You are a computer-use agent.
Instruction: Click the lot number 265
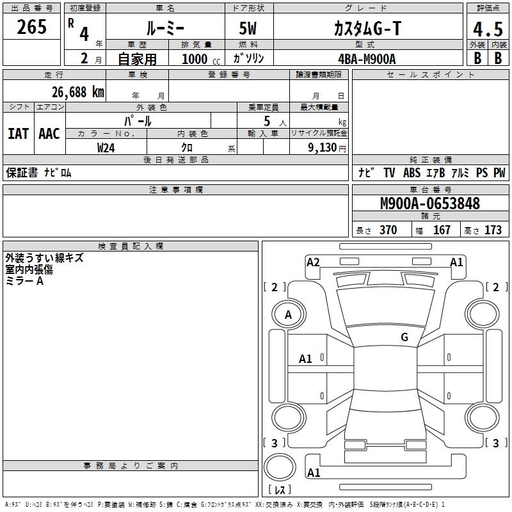[x=32, y=28]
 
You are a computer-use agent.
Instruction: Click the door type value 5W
[x=249, y=28]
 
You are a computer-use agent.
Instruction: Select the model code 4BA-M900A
[x=367, y=58]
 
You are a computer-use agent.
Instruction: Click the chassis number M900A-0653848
[x=429, y=204]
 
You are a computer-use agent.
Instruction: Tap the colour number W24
[x=107, y=148]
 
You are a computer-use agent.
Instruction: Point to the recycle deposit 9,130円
[x=326, y=148]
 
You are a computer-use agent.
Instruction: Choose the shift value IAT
[x=18, y=133]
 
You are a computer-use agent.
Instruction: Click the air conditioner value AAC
[x=49, y=133]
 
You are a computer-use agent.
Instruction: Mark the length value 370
[x=388, y=230]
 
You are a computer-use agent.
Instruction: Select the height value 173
[x=493, y=230]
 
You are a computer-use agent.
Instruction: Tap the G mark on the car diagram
[x=404, y=337]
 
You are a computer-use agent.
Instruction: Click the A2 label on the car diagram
[x=313, y=262]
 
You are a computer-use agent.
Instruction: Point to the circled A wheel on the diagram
[x=288, y=314]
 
